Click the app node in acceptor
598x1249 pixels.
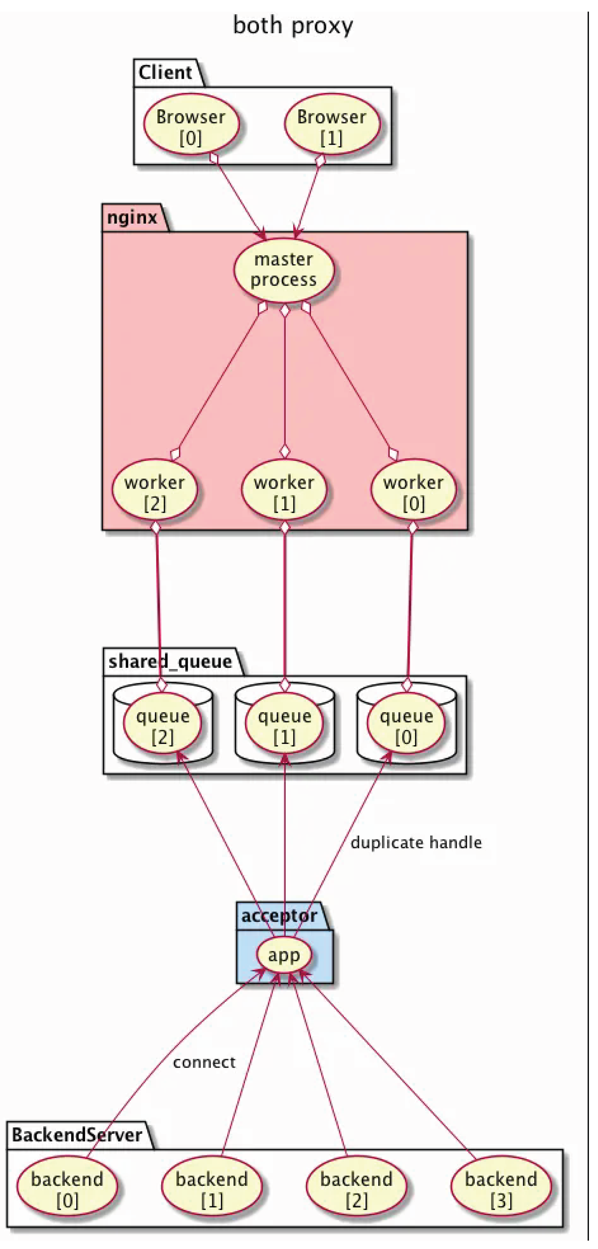[284, 954]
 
